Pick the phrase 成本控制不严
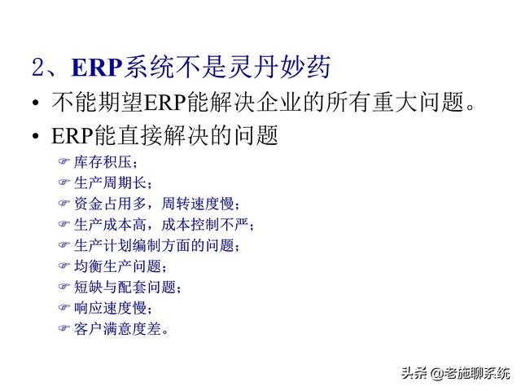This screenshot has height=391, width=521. [213, 224]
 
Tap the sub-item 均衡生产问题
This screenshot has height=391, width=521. [117, 266]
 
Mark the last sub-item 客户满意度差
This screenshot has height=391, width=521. [117, 329]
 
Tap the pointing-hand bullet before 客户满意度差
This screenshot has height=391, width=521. [65, 329]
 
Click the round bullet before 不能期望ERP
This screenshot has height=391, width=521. [35, 105]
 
